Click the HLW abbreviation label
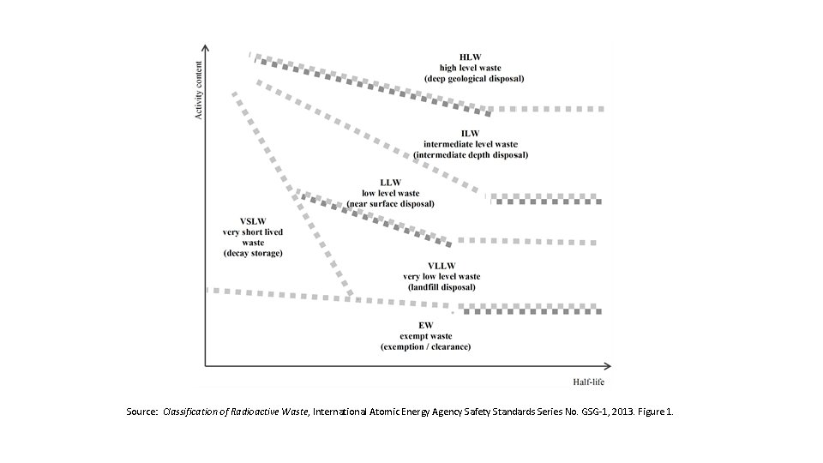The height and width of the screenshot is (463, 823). click(470, 57)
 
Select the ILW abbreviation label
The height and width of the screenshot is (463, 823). click(470, 133)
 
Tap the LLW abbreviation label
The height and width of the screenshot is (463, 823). click(390, 183)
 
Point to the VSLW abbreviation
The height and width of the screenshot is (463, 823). click(252, 221)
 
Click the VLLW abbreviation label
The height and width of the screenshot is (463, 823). click(442, 266)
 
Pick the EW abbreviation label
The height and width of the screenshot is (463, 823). click(425, 326)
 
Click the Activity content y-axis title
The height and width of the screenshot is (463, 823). click(200, 90)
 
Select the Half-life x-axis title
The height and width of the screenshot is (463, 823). click(589, 382)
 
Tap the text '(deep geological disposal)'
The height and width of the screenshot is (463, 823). click(474, 79)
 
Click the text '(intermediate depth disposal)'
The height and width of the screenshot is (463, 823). click(471, 155)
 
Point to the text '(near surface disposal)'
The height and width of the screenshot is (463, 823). click(391, 204)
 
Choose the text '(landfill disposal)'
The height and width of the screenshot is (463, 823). click(442, 287)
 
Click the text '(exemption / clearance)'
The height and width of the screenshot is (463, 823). click(425, 347)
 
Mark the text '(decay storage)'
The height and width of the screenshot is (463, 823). click(253, 253)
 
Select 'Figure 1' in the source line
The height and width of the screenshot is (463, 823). click(653, 412)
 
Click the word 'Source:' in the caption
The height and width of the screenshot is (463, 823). click(142, 412)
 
